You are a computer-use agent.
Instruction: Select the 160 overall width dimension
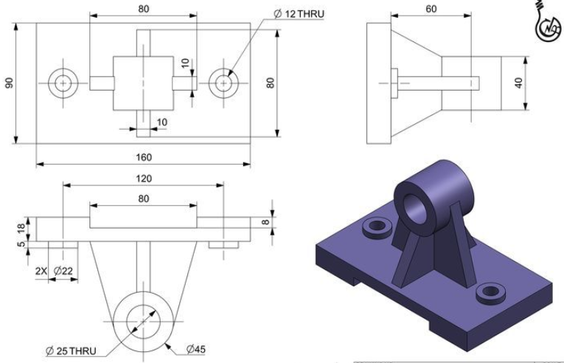point(143,156)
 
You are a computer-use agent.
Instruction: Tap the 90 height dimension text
point(9,83)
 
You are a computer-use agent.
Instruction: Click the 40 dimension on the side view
point(521,82)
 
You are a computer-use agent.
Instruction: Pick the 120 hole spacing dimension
point(143,179)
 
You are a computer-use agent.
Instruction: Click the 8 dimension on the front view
point(266,219)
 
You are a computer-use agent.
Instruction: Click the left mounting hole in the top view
point(63,83)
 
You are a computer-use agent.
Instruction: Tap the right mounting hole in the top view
point(223,83)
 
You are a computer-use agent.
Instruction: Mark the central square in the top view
point(143,83)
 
